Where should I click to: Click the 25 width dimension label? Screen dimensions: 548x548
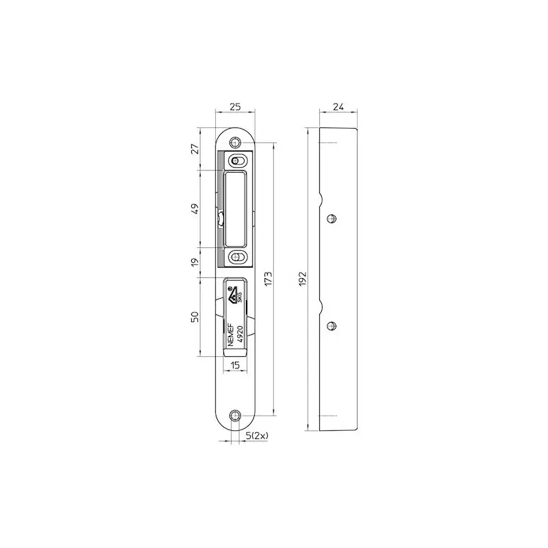point(235,107)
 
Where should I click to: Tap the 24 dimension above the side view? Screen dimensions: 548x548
point(338,107)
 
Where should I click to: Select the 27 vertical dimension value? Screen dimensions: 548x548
point(195,149)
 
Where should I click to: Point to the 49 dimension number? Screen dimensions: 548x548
point(195,209)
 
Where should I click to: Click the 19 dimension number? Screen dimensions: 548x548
point(195,262)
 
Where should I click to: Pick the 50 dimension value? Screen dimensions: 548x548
point(195,316)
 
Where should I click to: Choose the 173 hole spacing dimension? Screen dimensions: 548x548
point(268,279)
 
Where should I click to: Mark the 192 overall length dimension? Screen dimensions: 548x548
point(303,279)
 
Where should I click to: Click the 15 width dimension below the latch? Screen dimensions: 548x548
point(235,365)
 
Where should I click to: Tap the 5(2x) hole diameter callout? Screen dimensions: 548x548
point(257,436)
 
